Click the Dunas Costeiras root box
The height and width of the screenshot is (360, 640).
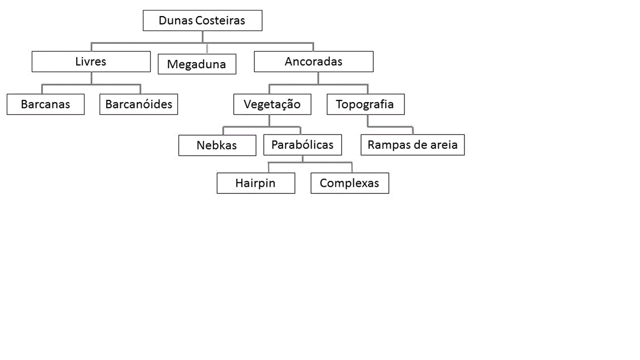202,21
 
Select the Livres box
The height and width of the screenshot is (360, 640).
91,62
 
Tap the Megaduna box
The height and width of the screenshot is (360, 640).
197,64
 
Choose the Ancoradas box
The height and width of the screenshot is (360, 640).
313,62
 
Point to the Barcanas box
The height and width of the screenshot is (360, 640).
46,104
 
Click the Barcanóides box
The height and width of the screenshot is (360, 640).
139,104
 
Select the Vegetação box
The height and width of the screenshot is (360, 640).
272,104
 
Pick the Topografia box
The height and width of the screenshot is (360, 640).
366,104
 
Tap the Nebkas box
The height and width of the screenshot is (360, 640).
217,146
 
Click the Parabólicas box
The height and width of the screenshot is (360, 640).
302,145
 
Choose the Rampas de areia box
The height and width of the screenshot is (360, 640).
413,145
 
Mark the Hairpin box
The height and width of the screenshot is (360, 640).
256,183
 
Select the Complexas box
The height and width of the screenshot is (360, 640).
350,183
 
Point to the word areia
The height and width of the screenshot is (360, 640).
444,145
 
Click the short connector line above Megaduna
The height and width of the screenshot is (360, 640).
207,48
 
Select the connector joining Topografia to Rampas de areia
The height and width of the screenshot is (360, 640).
390,127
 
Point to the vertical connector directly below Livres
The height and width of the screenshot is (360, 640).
92,78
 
